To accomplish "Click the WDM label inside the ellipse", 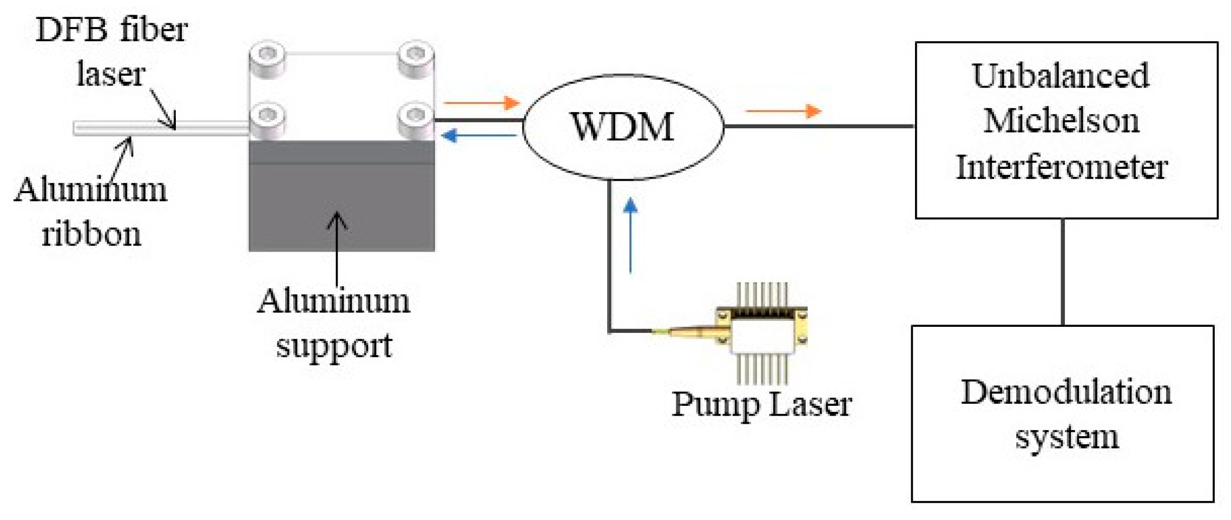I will tap(622, 127).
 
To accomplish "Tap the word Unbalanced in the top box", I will tap(1061, 76).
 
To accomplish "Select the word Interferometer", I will tap(1062, 167).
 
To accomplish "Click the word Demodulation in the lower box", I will tap(1066, 392).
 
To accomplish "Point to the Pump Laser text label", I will tap(761, 404).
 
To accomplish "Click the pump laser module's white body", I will tap(760, 335).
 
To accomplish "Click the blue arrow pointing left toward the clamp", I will tap(479, 135).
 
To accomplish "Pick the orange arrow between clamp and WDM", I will tap(482, 102).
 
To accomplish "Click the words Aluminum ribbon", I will tap(91, 212).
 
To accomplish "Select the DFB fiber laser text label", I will tap(111, 51).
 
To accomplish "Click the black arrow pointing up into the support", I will tap(337, 249).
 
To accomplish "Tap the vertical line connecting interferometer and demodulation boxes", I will tap(1063, 272).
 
